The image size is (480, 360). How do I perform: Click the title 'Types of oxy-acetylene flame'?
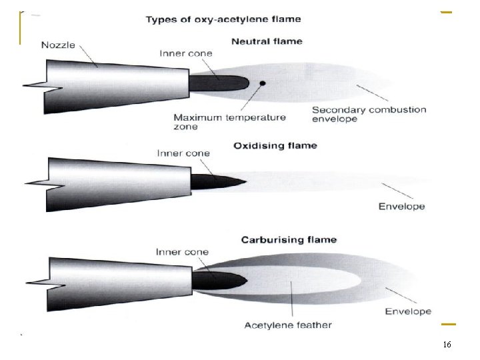click(223, 19)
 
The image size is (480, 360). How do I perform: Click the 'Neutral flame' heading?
click(266, 41)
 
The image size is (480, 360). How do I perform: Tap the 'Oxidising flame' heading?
click(275, 145)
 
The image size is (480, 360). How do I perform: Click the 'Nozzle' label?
click(58, 45)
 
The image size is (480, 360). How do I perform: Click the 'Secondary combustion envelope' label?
click(369, 114)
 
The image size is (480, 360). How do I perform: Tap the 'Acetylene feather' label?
click(288, 325)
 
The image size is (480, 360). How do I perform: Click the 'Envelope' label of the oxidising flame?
click(401, 206)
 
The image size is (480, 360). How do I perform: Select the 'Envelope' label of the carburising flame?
click(408, 311)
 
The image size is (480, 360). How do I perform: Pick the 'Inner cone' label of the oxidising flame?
click(183, 153)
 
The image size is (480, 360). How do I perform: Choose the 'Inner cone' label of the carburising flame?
click(182, 252)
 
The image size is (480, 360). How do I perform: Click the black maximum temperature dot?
click(263, 83)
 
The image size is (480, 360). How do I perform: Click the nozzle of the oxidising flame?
click(113, 182)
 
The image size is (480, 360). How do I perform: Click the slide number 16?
click(447, 344)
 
